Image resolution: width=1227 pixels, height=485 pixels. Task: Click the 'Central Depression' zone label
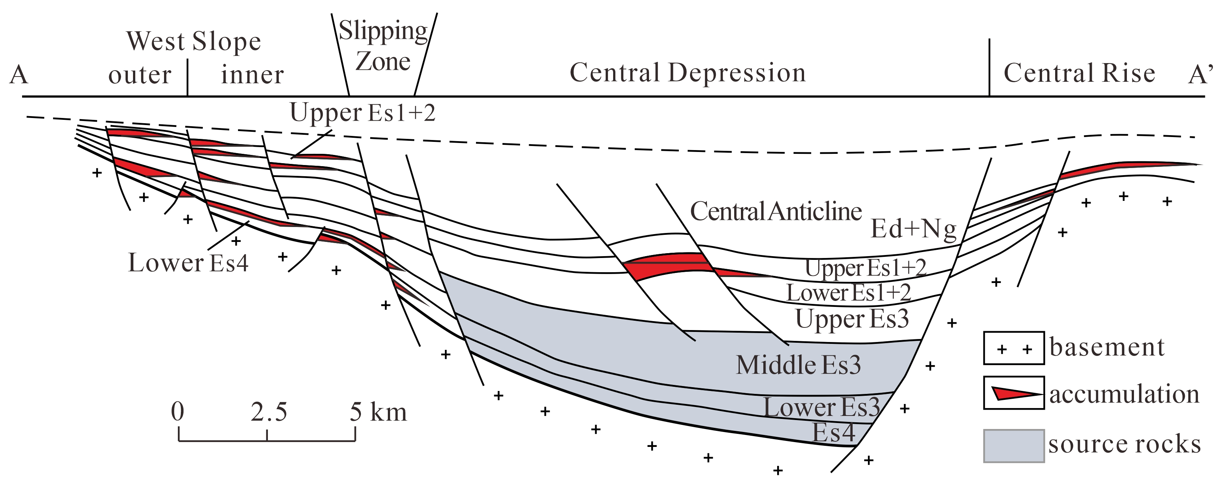pos(687,73)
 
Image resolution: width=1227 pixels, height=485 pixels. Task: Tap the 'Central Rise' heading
pos(1079,73)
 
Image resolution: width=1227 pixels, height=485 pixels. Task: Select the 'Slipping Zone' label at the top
pos(383,46)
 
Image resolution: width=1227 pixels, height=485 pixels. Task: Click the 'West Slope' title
pos(194,41)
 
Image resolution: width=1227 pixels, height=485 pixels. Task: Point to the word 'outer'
pos(140,75)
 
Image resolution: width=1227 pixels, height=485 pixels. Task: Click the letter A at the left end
pos(19,75)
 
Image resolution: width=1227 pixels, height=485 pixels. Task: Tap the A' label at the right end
pos(1201,75)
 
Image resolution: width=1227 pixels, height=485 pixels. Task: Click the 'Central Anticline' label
pos(775,211)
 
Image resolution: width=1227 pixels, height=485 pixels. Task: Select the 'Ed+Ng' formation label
pos(913,229)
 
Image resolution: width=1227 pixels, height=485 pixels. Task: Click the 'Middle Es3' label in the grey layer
pos(798,365)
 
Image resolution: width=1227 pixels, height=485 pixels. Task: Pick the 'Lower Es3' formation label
pos(822,407)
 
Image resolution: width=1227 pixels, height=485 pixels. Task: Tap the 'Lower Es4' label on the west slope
pos(188,263)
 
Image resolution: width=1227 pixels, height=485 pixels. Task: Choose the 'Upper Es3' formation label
pos(852,319)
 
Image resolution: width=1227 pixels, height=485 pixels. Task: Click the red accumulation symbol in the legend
pos(1014,393)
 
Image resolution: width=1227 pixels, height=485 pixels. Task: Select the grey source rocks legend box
pos(1014,445)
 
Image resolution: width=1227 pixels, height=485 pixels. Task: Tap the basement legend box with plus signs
pos(1014,348)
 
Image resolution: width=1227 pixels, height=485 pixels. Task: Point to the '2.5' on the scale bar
pos(269,412)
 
